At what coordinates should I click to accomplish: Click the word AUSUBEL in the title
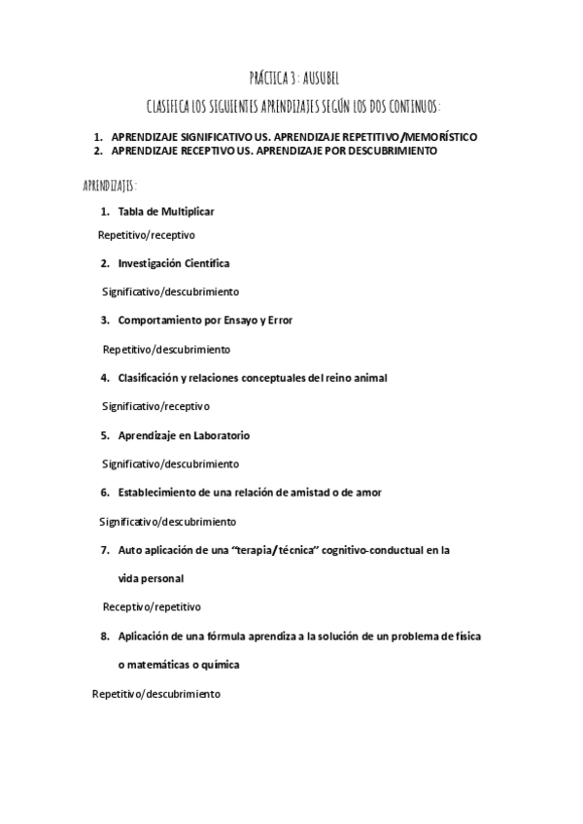click(318, 78)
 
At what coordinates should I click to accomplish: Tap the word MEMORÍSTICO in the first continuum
click(437, 137)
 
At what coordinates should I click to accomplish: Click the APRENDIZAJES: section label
click(110, 184)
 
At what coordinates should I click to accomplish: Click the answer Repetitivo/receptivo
click(147, 234)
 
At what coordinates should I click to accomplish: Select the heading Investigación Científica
click(174, 263)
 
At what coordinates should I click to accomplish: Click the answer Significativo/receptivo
click(155, 406)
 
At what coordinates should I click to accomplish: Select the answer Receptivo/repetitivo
click(152, 607)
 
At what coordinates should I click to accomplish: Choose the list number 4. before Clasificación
click(104, 377)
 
